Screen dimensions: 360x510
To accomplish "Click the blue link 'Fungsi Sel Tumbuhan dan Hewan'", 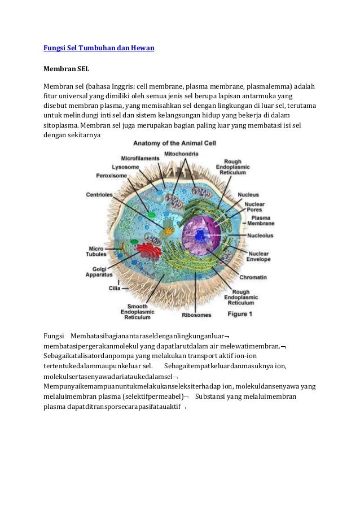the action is [x=99, y=48].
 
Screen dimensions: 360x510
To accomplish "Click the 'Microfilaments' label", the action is [x=140, y=159].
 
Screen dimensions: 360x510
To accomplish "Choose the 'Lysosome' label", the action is [x=124, y=167].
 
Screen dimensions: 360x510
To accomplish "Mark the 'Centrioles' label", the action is [x=99, y=195].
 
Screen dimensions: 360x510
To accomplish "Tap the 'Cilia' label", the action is [x=115, y=287].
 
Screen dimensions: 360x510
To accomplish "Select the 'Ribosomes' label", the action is [x=196, y=315].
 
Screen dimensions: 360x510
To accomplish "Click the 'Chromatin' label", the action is [x=253, y=278].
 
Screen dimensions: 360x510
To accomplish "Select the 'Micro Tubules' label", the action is [x=96, y=250].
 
